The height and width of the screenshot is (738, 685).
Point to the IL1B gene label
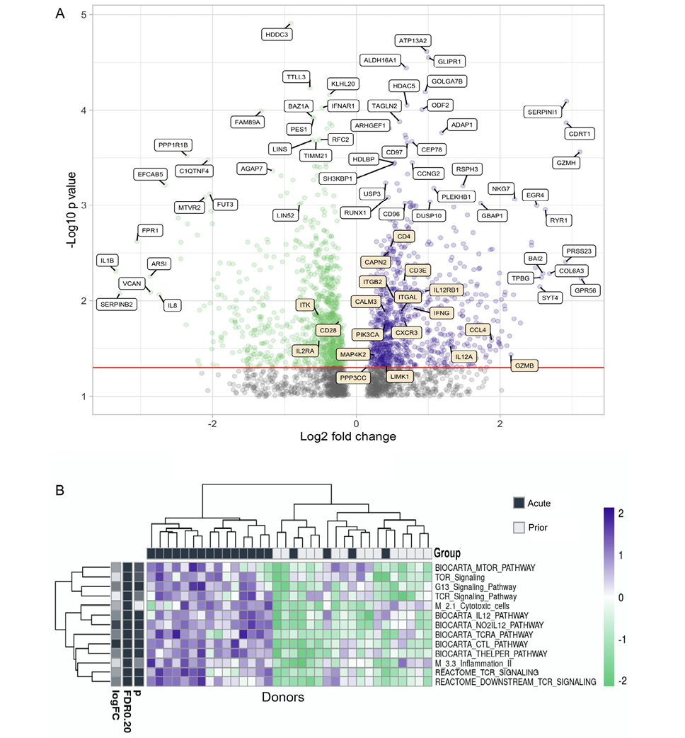coord(107,261)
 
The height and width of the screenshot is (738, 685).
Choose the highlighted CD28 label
coord(328,331)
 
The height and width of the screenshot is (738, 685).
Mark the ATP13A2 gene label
coord(415,40)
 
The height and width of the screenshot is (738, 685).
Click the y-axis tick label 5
coord(84,14)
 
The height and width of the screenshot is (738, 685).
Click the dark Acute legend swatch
coord(519,502)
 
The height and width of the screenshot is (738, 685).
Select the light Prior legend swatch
coord(519,528)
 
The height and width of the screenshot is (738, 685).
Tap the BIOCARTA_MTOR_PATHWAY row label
coord(485,567)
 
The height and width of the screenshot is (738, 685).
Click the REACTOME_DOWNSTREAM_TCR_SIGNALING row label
coord(514,681)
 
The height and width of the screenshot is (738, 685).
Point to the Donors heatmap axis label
coord(280,698)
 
